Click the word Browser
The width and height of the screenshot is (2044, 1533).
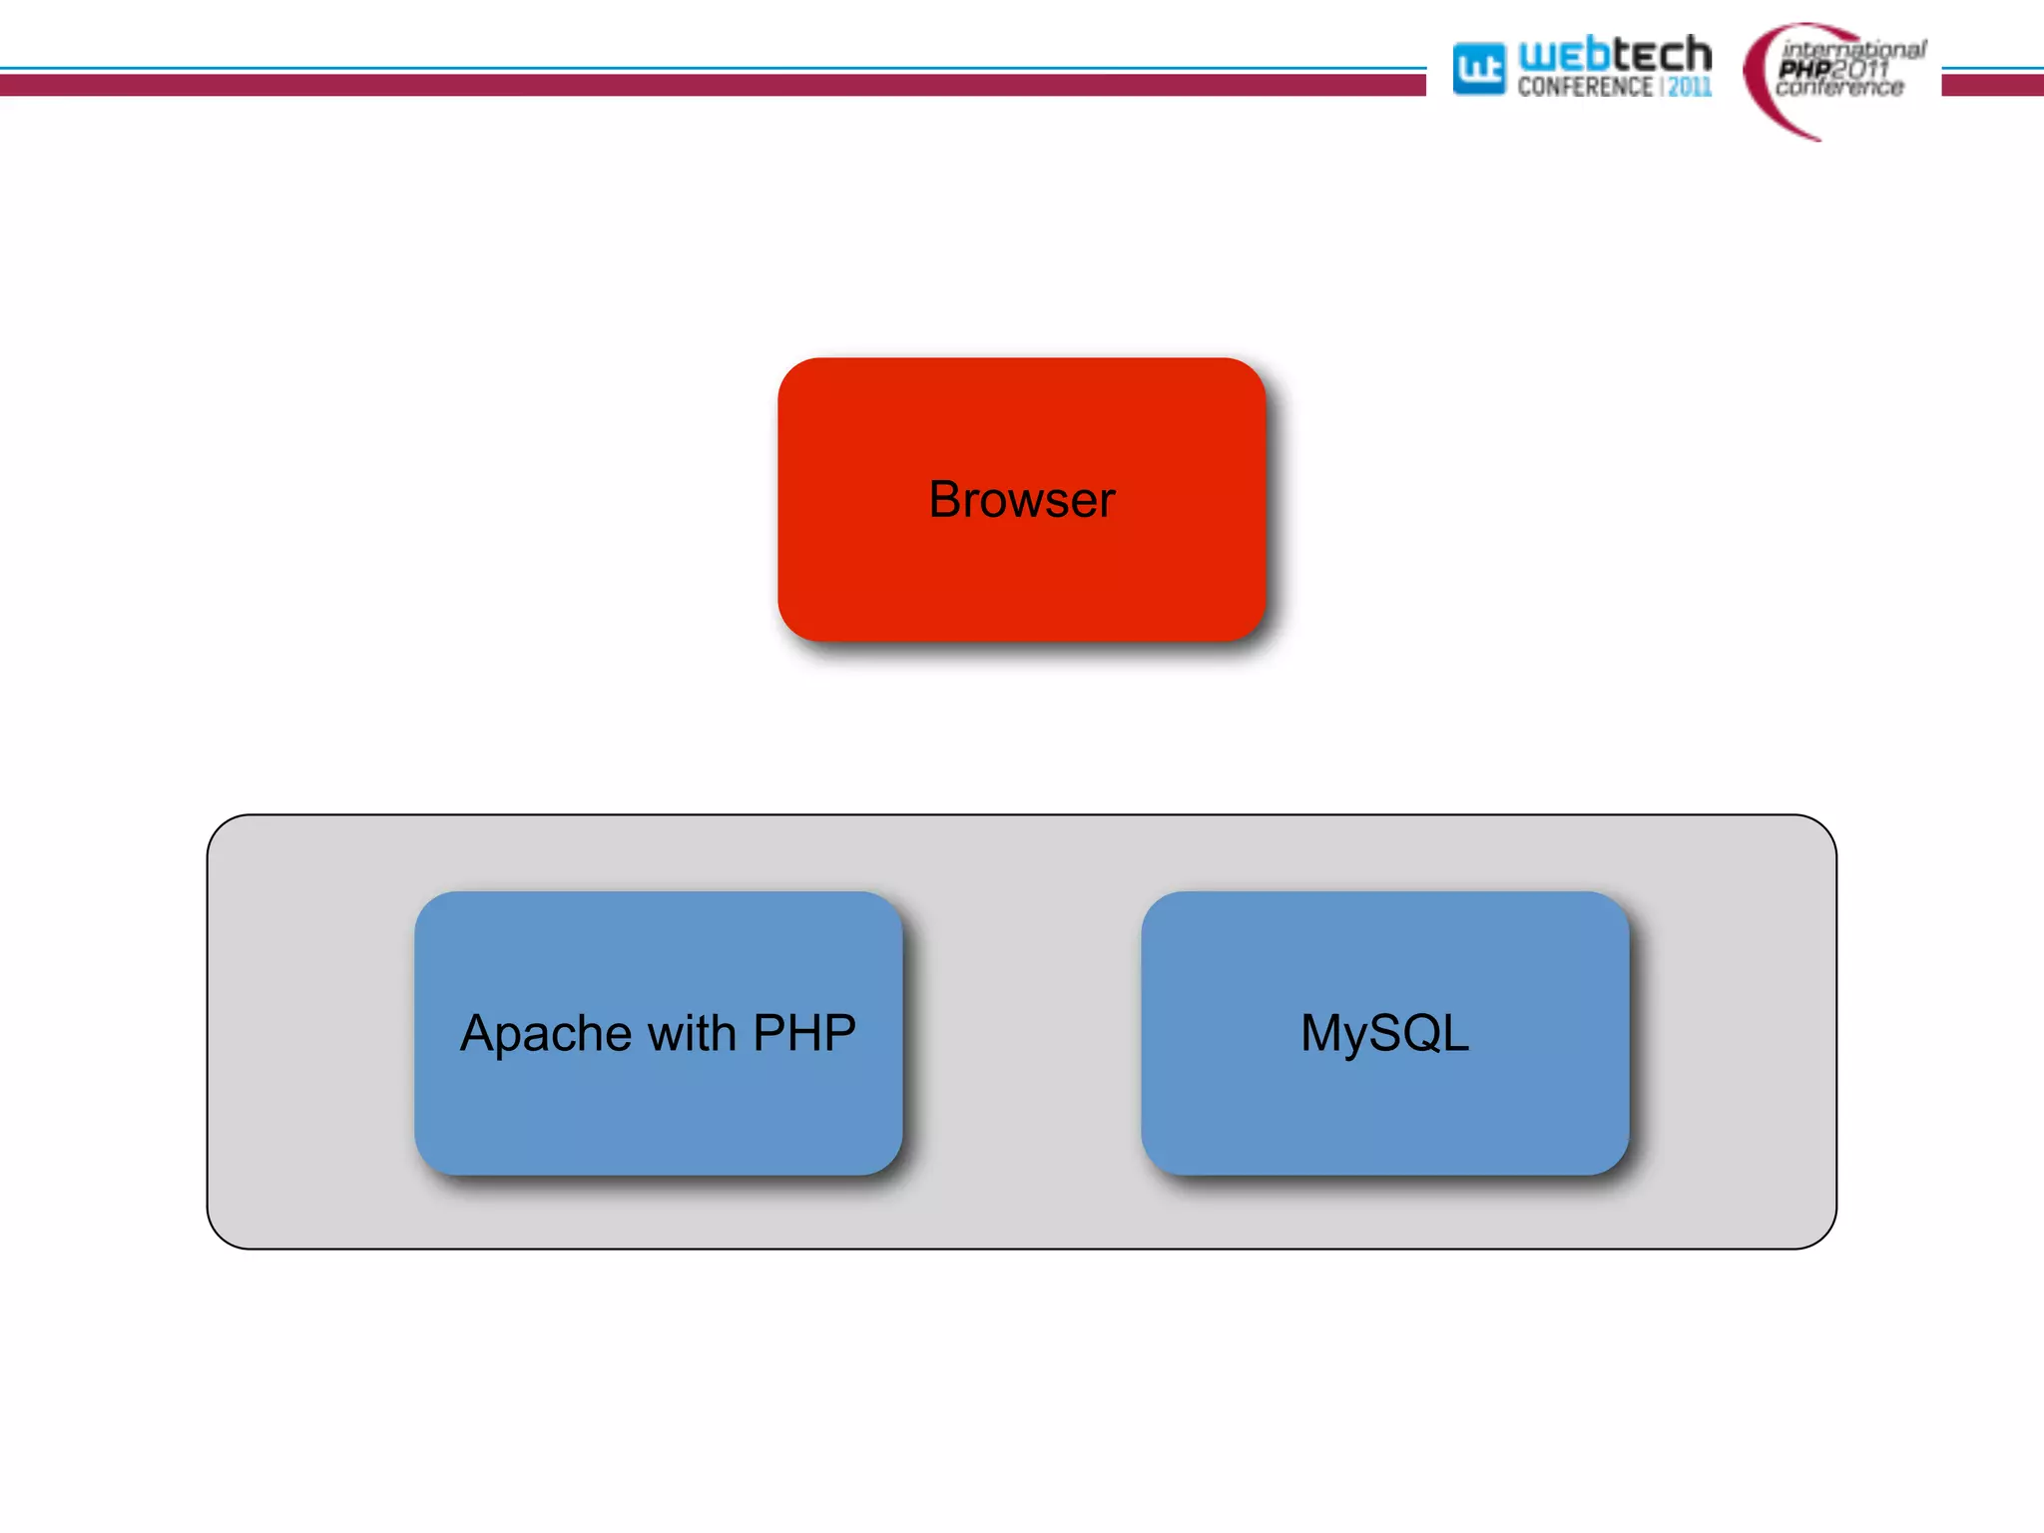coord(1021,499)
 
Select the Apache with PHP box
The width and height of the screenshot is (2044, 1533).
coord(659,1118)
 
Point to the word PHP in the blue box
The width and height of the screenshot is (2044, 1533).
coord(804,1032)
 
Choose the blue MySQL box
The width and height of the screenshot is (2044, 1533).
coord(1384,1118)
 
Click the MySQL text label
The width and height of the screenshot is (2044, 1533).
coord(1384,1034)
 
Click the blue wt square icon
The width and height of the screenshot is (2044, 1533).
coord(1478,69)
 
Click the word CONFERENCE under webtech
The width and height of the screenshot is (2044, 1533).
coord(1584,88)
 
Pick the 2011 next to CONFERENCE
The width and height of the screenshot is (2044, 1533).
coord(1690,88)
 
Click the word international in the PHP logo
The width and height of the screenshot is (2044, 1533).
coord(1854,49)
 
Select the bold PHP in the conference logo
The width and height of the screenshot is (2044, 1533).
coord(1804,69)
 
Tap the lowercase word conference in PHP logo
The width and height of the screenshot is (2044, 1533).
coord(1839,89)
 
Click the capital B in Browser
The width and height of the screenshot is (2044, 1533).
coord(944,499)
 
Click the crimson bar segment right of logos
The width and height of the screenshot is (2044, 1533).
coord(1992,86)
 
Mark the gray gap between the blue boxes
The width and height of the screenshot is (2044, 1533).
coord(1022,1033)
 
